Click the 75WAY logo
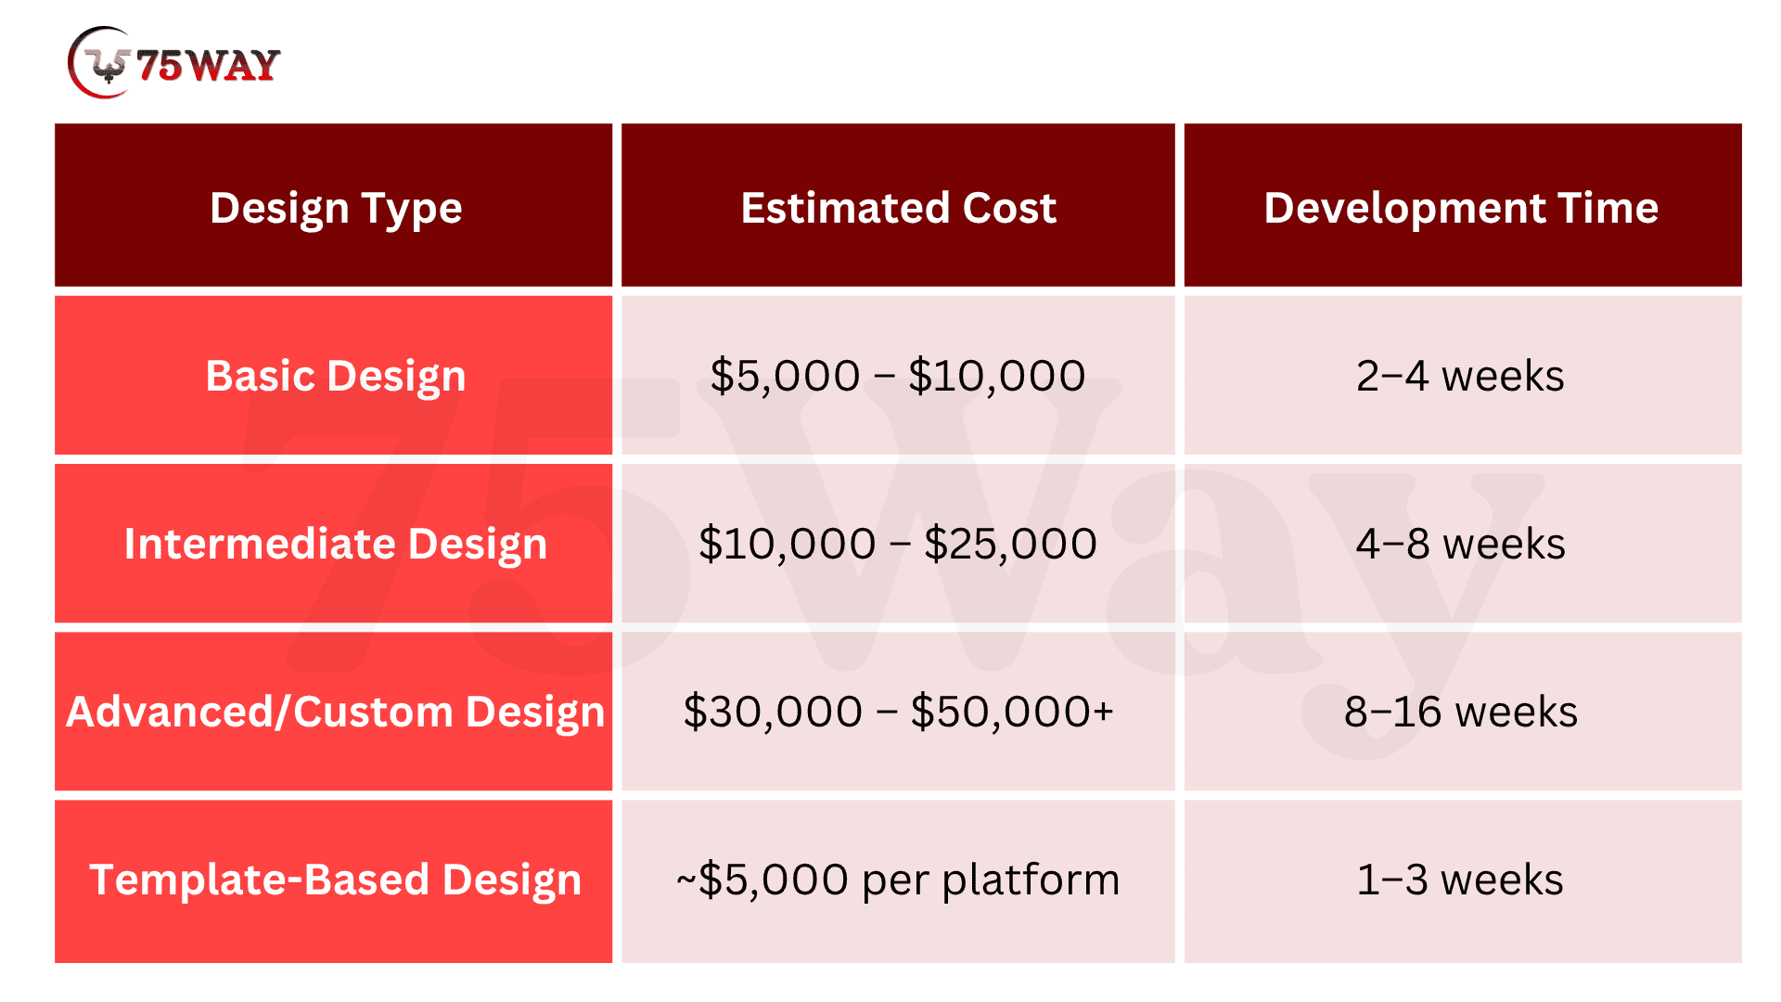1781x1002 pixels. tap(174, 63)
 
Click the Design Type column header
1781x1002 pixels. tap(336, 209)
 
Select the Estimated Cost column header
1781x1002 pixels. tap(898, 208)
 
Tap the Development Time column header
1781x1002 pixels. tap(1461, 209)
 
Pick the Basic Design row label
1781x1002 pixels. tap(336, 377)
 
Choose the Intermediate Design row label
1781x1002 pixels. tap(336, 545)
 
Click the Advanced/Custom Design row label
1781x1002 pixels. tap(335, 713)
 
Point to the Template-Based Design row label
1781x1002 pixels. tap(335, 880)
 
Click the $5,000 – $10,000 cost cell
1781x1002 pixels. tap(898, 376)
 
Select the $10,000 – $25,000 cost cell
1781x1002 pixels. tap(898, 544)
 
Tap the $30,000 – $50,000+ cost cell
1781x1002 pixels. tap(898, 712)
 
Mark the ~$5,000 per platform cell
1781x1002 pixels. tap(898, 880)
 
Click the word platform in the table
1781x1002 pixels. tap(1031, 880)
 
